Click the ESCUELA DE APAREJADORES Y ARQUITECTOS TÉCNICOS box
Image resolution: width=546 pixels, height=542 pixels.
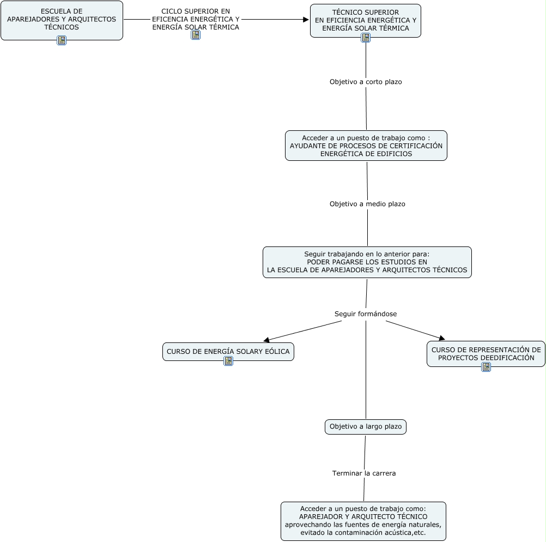62,20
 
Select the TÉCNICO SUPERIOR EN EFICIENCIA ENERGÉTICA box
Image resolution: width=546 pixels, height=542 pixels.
366,21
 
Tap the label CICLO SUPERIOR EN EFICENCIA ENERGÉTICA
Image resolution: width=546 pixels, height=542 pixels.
196,19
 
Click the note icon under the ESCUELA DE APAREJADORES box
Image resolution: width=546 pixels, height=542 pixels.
62,40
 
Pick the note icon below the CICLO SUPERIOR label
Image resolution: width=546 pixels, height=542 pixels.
196,35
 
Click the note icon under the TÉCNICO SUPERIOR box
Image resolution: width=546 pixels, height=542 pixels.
366,38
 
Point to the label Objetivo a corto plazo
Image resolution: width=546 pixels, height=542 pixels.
366,82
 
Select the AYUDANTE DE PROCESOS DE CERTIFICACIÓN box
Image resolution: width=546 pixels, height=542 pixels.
366,146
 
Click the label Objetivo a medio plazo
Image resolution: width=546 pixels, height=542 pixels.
367,204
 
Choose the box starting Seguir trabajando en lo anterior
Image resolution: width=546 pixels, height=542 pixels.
367,262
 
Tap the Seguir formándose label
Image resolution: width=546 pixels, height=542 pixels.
366,314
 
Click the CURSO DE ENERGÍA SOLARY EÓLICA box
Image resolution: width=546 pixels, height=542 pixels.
228,351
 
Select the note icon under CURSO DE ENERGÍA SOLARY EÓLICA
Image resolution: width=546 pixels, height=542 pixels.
228,361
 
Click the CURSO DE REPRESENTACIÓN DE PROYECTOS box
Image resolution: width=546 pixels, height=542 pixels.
486,354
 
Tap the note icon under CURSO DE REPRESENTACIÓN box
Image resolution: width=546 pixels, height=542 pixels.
486,367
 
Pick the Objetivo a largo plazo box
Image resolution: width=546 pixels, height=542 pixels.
366,426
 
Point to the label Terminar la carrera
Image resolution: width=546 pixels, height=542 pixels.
364,473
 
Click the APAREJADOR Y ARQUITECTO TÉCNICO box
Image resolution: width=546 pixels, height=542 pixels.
363,521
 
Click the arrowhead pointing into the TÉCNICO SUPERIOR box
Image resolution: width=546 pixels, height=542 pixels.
306,20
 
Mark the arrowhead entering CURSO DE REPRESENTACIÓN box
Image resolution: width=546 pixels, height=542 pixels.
442,338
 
